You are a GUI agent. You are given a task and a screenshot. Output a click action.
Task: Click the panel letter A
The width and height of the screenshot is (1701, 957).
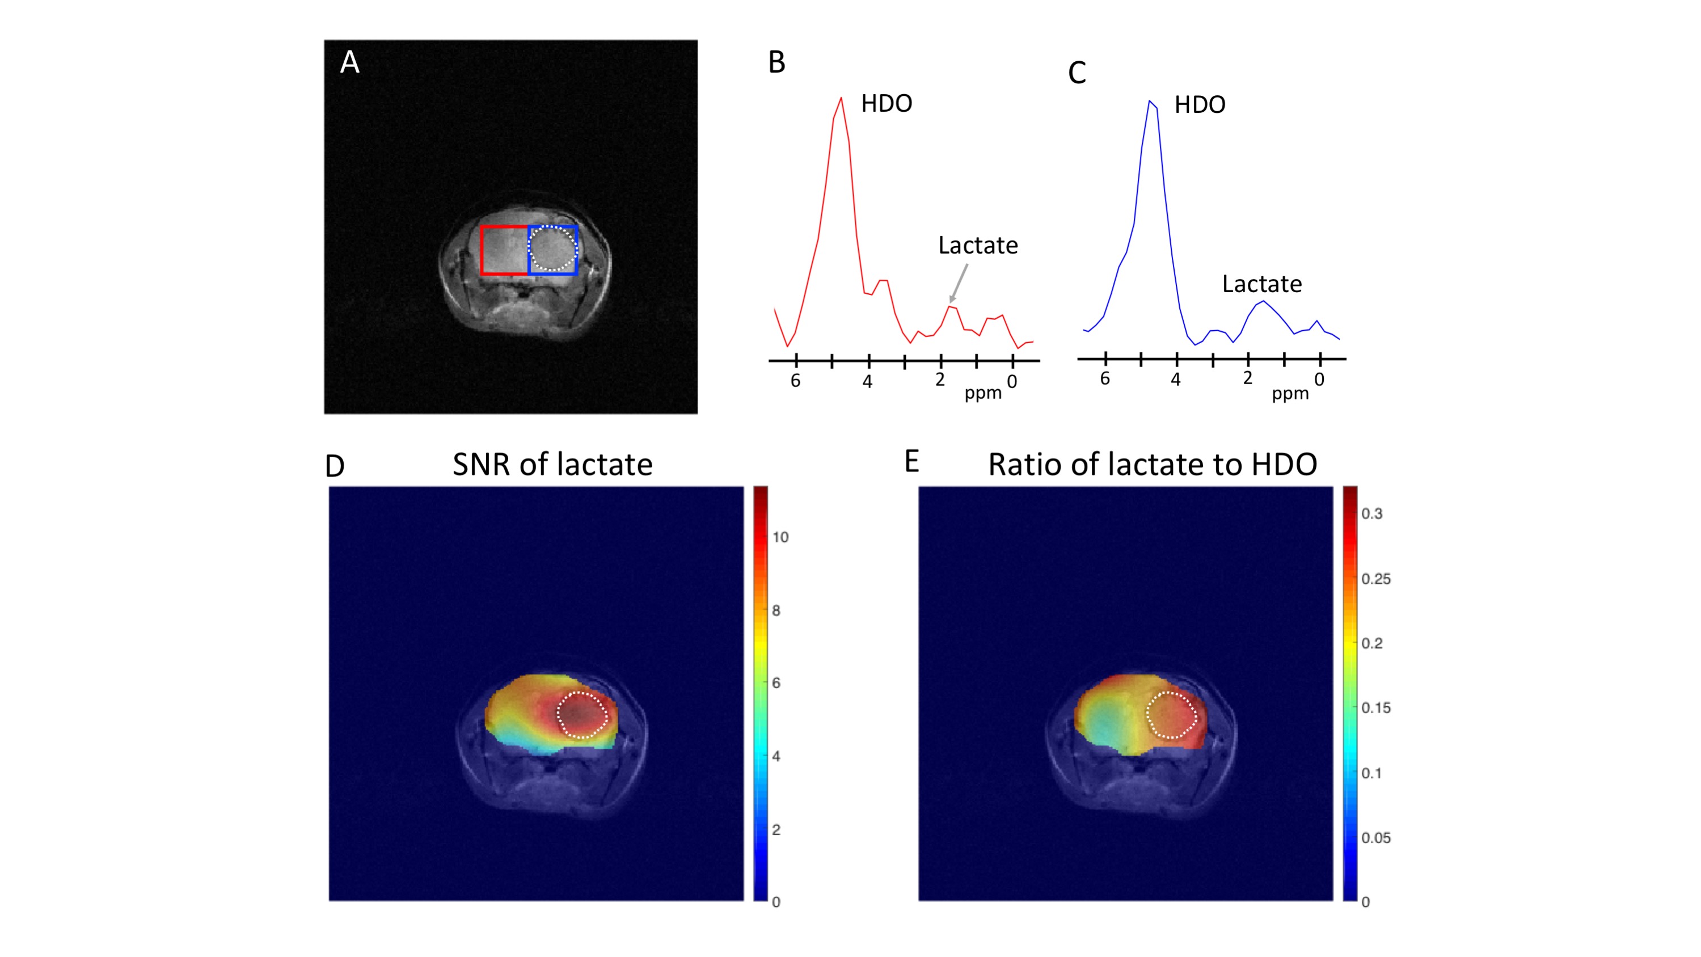coord(349,63)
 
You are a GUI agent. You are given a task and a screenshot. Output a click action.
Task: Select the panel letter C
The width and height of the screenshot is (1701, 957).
coord(1077,73)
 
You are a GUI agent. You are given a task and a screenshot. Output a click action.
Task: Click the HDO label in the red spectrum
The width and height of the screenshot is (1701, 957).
coord(886,104)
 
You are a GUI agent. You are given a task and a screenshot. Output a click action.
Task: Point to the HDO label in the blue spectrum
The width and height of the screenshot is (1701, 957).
coord(1199,105)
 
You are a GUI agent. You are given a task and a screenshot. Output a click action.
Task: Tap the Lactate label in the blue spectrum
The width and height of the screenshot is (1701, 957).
coord(1261,284)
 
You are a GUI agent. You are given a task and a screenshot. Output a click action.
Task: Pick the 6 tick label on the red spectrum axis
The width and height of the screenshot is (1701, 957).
coord(795,381)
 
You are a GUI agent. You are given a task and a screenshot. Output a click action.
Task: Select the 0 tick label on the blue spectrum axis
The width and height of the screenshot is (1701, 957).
coord(1319,380)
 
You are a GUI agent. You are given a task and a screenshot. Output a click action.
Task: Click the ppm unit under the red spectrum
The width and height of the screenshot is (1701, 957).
coord(982,393)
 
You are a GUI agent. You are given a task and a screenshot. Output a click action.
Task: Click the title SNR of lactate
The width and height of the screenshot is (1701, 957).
coord(552,464)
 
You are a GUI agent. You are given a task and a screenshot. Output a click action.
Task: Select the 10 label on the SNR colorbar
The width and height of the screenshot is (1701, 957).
coord(780,538)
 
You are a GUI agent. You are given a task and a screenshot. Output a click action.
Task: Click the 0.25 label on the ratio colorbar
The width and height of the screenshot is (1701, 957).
coord(1375,579)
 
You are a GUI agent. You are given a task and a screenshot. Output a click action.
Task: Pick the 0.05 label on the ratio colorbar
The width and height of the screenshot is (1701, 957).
coord(1375,838)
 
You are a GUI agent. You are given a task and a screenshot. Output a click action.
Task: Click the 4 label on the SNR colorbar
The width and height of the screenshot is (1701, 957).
coord(776,756)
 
